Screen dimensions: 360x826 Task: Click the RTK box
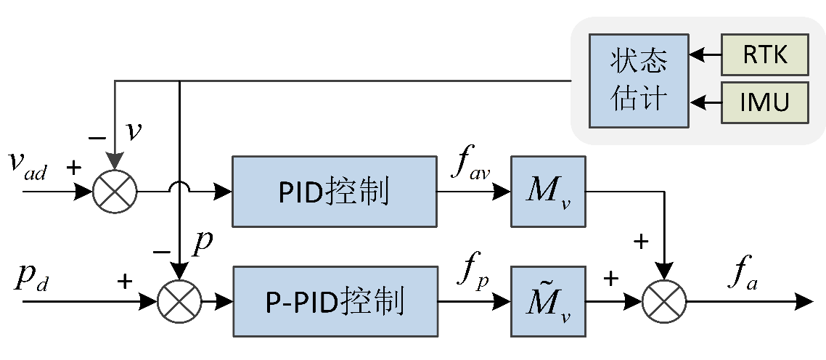765,55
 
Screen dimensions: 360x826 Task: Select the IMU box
765,101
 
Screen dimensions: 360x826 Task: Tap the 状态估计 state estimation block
638,79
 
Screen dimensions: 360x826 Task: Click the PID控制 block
334,192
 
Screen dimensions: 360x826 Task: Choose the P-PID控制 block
334,300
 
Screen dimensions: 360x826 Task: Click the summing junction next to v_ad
115,192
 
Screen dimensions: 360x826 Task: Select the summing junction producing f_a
664,300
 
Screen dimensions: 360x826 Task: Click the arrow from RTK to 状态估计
705,55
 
